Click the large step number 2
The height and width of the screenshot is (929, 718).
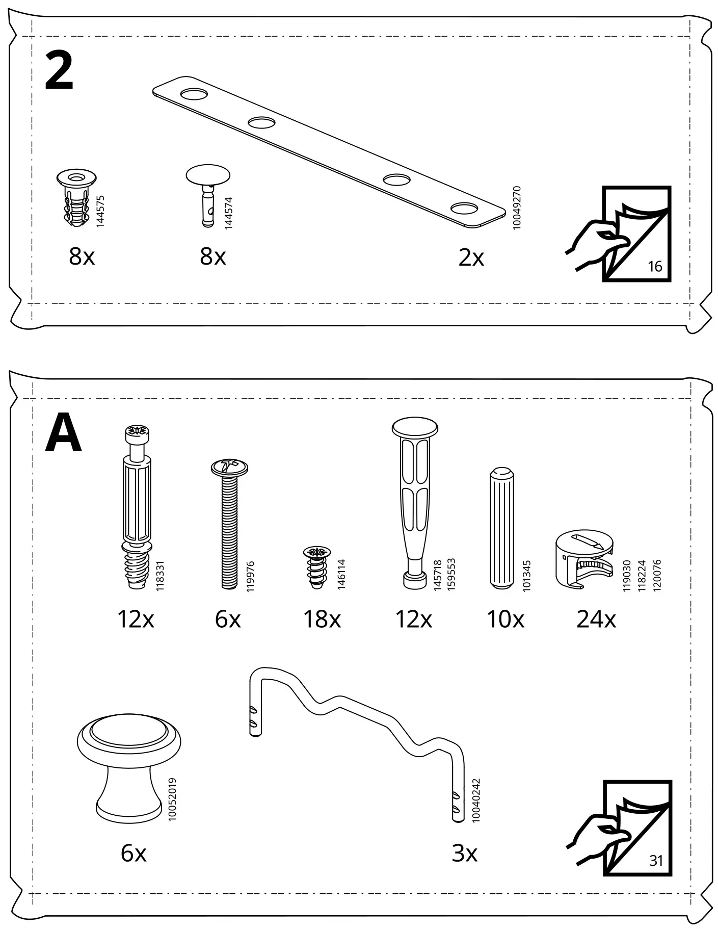coord(59,72)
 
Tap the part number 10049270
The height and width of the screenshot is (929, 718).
coord(517,208)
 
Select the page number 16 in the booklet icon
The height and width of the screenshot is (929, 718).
coord(655,266)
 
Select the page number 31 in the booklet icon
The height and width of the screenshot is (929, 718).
coord(656,861)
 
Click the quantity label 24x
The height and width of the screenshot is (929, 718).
coord(596,620)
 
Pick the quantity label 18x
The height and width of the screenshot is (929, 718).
coord(322,620)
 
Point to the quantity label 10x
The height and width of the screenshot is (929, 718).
coord(505,620)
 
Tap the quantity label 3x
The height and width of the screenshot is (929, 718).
coord(464,853)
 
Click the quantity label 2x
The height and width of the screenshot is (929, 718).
coord(471,257)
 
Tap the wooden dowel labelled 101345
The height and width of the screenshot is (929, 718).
coord(502,528)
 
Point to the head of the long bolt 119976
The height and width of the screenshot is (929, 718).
coord(229,467)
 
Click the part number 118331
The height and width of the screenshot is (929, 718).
coord(160,576)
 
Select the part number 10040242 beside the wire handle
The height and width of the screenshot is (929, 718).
coord(476,799)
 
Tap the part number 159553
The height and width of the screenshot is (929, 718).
coord(451,574)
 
